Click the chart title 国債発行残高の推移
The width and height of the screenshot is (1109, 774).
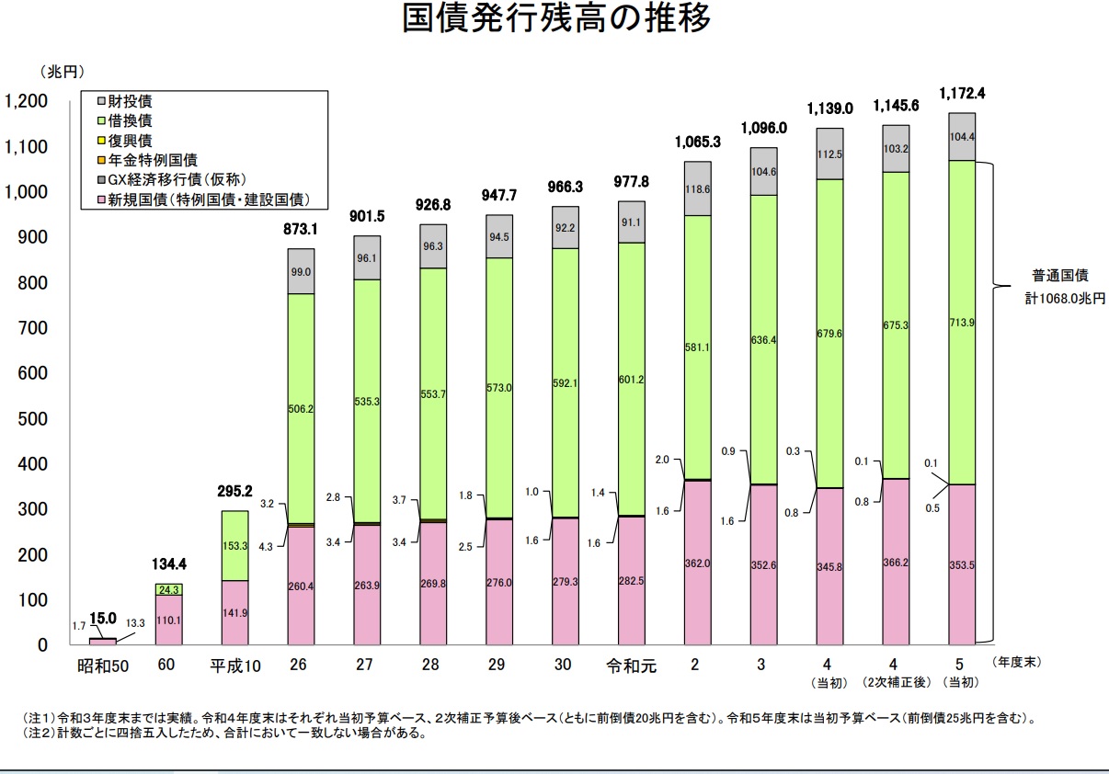pyautogui.click(x=556, y=19)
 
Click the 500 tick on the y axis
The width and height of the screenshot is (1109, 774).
pyautogui.click(x=33, y=419)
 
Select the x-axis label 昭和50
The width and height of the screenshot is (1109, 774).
pyautogui.click(x=103, y=666)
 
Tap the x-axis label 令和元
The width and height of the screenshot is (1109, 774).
pyautogui.click(x=631, y=666)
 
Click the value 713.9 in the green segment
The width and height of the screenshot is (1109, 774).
pyautogui.click(x=962, y=323)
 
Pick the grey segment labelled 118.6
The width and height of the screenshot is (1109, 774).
pyautogui.click(x=697, y=188)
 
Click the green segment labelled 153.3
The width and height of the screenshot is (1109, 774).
pyautogui.click(x=235, y=545)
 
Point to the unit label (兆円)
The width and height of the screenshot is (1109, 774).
pyautogui.click(x=62, y=70)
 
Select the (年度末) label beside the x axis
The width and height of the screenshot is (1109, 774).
pyautogui.click(x=1016, y=661)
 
